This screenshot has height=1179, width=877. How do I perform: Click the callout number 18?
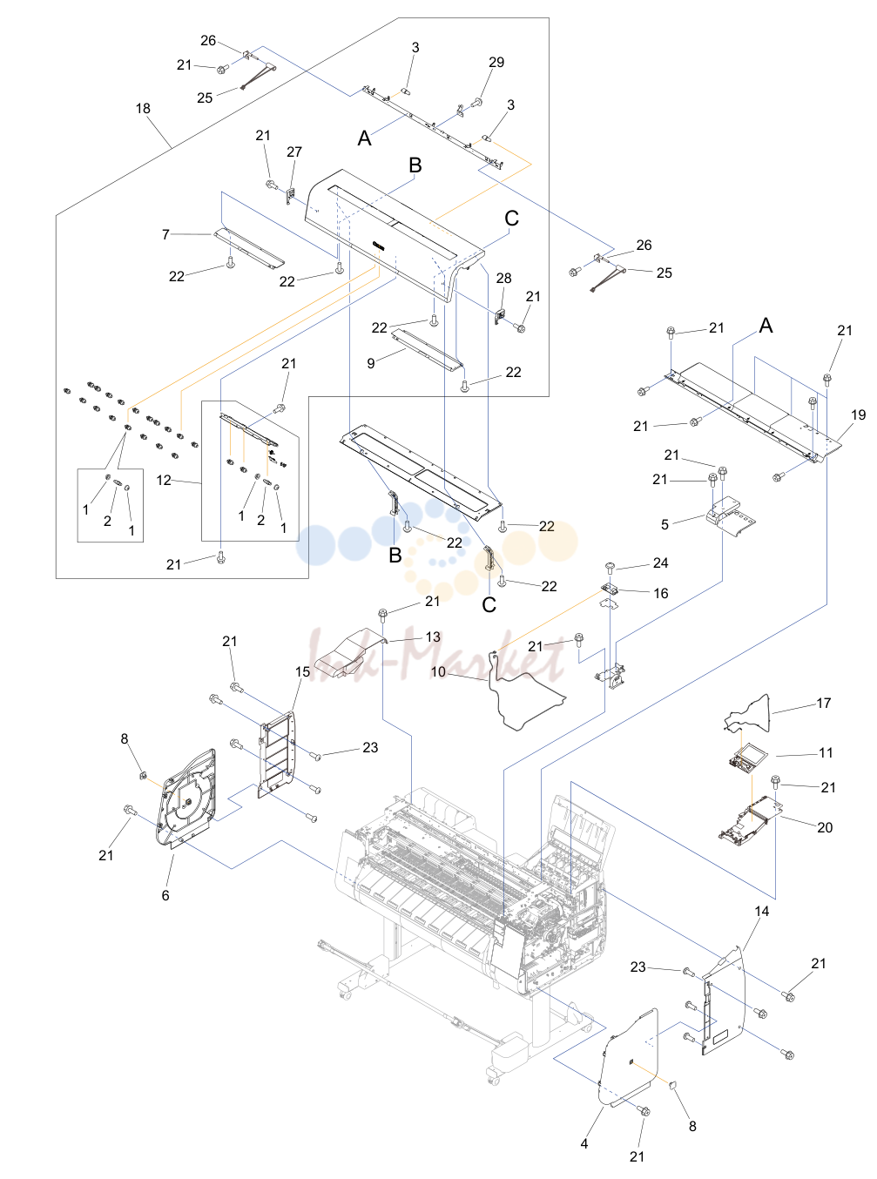pyautogui.click(x=143, y=109)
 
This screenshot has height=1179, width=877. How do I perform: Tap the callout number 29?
pyautogui.click(x=496, y=62)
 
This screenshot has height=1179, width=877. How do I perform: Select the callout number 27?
pyautogui.click(x=294, y=152)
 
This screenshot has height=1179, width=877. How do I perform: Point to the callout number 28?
pyautogui.click(x=503, y=278)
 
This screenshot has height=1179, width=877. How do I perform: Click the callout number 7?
pyautogui.click(x=166, y=234)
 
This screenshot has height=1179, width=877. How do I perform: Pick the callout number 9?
pyautogui.click(x=371, y=363)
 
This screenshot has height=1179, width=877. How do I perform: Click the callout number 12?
pyautogui.click(x=164, y=480)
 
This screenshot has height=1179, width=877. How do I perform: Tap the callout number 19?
pyautogui.click(x=859, y=414)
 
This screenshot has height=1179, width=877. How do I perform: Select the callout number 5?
pyautogui.click(x=664, y=525)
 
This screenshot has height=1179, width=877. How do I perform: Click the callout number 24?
pyautogui.click(x=660, y=563)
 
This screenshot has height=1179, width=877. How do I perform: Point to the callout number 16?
pyautogui.click(x=660, y=593)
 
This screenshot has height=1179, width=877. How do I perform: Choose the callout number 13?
pyautogui.click(x=433, y=637)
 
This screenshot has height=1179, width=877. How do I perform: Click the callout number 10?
pyautogui.click(x=438, y=672)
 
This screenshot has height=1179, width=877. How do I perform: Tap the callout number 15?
pyautogui.click(x=302, y=672)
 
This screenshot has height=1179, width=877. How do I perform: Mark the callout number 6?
pyautogui.click(x=165, y=896)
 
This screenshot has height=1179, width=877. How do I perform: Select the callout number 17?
pyautogui.click(x=823, y=704)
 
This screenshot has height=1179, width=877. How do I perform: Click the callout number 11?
pyautogui.click(x=826, y=752)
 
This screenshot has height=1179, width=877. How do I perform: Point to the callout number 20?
pyautogui.click(x=825, y=827)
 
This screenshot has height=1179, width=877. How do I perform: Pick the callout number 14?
pyautogui.click(x=761, y=911)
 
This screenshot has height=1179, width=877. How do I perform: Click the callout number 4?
pyautogui.click(x=584, y=1143)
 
